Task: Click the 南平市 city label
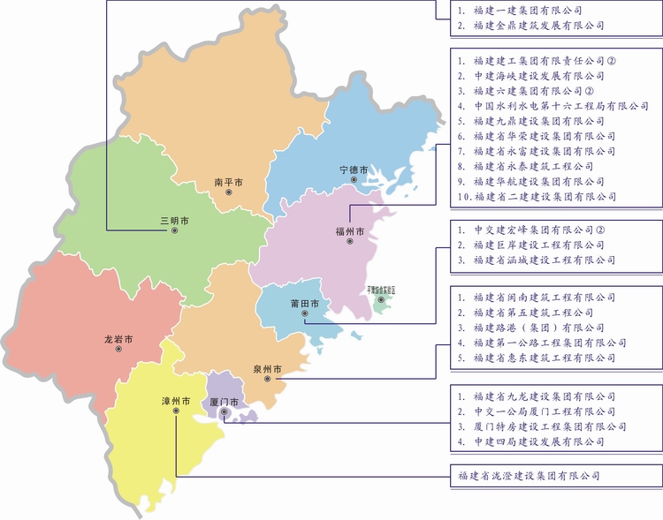pos(228,181)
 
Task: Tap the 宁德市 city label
pos(354,168)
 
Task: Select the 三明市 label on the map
pos(174,219)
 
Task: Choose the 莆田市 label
pos(304,305)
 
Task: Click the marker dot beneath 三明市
pos(174,230)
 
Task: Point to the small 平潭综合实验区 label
pos(381,289)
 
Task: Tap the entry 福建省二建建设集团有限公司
pos(545,196)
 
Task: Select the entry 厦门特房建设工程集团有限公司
pos(545,426)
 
